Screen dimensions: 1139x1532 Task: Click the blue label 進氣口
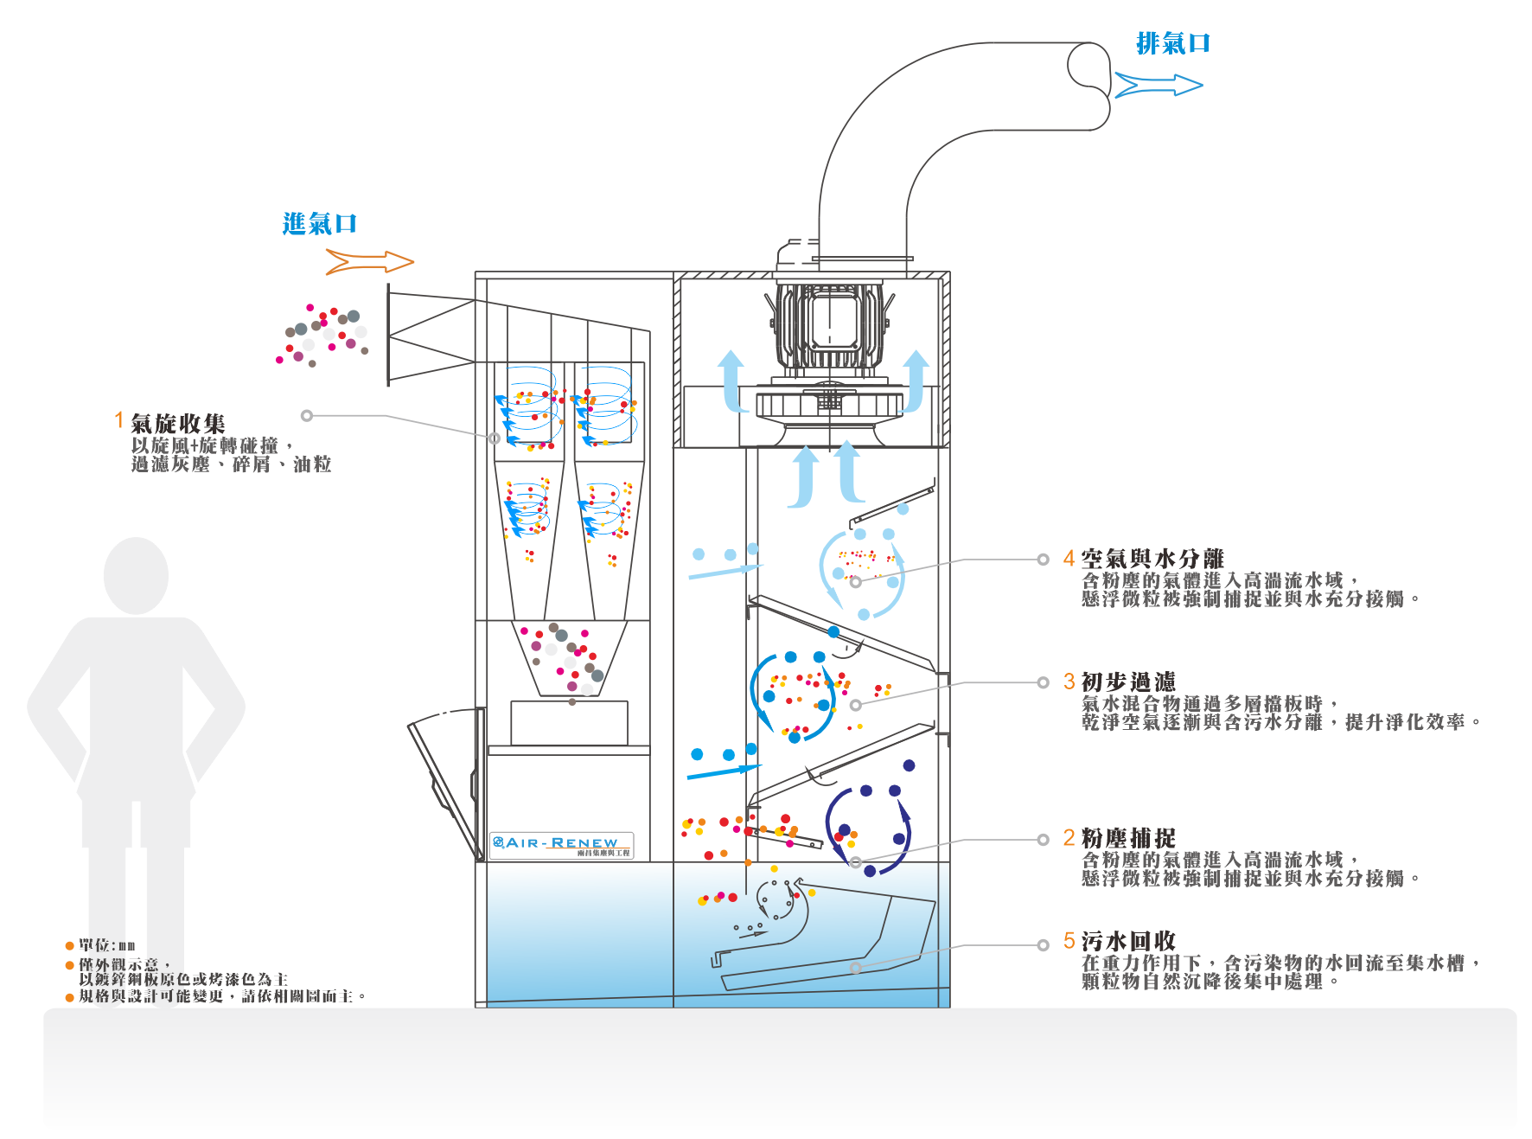coord(319,224)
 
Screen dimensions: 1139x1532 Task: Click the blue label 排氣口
coord(1172,43)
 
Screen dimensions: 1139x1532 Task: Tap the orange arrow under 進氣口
coord(369,261)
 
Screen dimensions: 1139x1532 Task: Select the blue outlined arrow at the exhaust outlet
coord(1159,85)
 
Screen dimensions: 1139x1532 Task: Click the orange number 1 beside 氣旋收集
coord(119,420)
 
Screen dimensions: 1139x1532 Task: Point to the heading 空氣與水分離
coord(1152,559)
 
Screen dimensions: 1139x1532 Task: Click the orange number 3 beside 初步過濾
coord(1069,681)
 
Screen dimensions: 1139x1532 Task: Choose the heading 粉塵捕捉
coord(1128,838)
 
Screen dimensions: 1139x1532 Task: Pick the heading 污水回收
coord(1128,941)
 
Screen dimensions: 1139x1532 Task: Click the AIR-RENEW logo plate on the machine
coord(561,845)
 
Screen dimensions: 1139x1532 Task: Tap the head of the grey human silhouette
coord(136,573)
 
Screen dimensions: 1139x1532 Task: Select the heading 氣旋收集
coord(178,423)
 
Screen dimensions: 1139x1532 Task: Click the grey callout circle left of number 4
coord(1043,560)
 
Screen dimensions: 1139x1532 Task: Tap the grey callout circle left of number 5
coord(1043,945)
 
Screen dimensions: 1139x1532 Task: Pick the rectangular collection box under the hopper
coord(569,722)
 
